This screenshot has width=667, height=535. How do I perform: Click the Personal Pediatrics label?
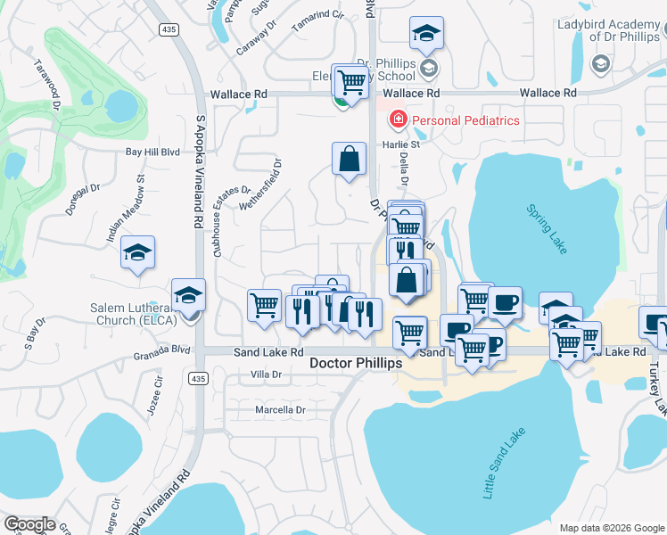pyautogui.click(x=464, y=120)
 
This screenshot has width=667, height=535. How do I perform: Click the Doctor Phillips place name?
pyautogui.click(x=356, y=364)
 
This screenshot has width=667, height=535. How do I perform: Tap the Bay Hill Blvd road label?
pyautogui.click(x=152, y=152)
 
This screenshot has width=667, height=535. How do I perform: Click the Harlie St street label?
pyautogui.click(x=402, y=144)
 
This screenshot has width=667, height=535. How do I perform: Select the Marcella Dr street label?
pyautogui.click(x=280, y=410)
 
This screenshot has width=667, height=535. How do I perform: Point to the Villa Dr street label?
pyautogui.click(x=267, y=374)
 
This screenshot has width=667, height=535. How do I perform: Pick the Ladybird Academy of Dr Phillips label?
pyautogui.click(x=611, y=32)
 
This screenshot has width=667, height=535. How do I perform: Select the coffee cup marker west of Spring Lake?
pyautogui.click(x=505, y=303)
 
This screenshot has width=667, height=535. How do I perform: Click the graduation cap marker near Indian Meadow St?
pyautogui.click(x=138, y=253)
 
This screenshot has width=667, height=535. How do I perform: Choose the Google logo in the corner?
pyautogui.click(x=29, y=524)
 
